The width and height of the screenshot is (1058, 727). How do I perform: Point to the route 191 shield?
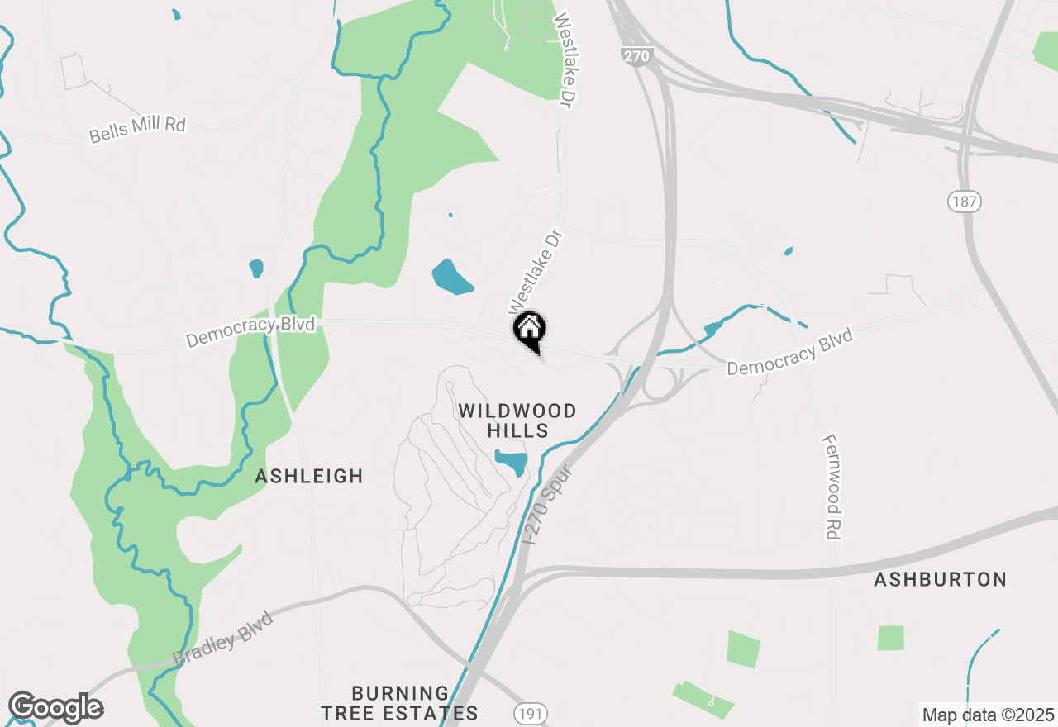click(x=529, y=712)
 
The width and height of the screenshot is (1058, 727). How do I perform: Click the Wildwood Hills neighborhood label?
click(x=517, y=421)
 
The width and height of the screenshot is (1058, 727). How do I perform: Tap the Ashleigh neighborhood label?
click(x=309, y=476)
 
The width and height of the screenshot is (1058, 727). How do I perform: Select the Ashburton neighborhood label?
click(x=940, y=579)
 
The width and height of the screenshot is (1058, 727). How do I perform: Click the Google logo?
click(x=55, y=708)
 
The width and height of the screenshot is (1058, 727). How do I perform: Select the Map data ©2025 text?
click(x=988, y=715)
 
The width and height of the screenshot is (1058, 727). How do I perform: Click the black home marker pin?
click(x=529, y=330)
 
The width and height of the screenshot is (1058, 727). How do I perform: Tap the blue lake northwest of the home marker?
click(x=452, y=278)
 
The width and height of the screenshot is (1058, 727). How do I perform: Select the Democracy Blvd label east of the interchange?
click(x=789, y=351)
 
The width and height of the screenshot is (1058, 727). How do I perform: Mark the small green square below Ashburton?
click(x=890, y=638)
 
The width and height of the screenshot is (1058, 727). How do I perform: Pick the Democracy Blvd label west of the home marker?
click(x=250, y=332)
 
